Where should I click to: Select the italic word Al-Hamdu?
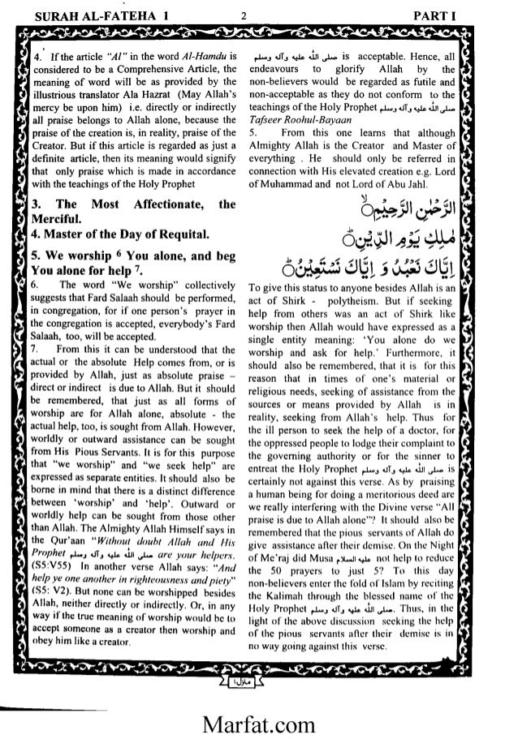pos(201,58)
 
